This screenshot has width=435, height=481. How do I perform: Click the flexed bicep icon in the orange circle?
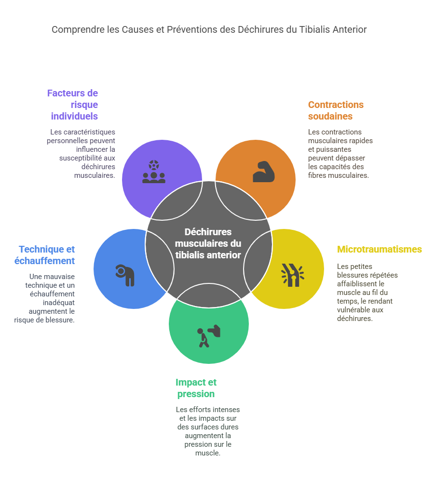click(264, 172)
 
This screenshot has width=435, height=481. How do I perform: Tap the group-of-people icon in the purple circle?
click(154, 172)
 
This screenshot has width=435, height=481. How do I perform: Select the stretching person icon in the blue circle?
click(125, 275)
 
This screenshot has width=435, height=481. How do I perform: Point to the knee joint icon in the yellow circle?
click(293, 275)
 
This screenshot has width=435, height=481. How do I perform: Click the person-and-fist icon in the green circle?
click(209, 336)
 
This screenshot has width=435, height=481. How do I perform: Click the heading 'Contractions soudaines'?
click(336, 110)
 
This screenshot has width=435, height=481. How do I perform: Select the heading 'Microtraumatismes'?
click(380, 249)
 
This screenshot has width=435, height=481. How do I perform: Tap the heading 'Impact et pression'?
click(196, 388)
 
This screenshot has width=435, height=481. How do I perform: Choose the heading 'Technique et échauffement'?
click(44, 255)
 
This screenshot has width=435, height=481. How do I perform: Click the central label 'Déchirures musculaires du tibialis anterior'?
click(208, 243)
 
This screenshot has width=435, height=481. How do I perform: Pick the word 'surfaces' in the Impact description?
click(203, 427)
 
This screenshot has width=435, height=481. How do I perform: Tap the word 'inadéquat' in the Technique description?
click(59, 303)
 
